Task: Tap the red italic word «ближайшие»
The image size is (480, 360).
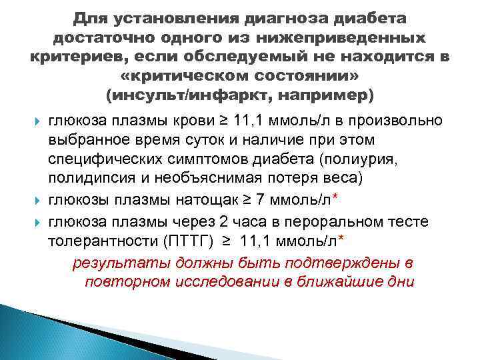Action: click(348, 282)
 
